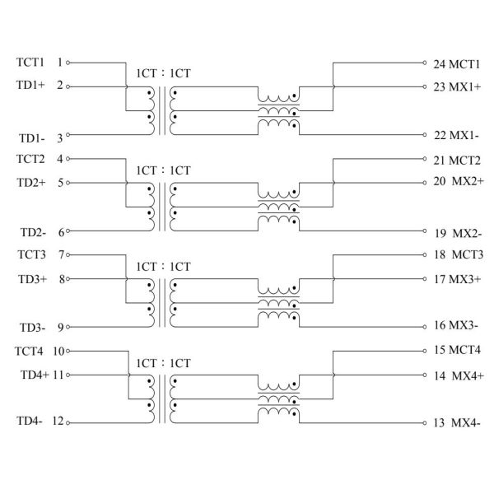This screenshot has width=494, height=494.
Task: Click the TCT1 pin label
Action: [31, 62]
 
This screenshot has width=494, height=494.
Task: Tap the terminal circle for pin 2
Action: [68, 86]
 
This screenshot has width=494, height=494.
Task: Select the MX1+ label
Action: [464, 86]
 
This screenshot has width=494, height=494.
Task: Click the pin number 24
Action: [439, 63]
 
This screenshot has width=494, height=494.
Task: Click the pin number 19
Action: [439, 233]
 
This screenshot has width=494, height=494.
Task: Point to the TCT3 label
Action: [31, 254]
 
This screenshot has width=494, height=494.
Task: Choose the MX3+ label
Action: [464, 279]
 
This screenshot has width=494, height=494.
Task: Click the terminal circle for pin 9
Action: [68, 327]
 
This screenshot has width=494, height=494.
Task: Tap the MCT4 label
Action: [464, 351]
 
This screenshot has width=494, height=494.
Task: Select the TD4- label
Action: [30, 422]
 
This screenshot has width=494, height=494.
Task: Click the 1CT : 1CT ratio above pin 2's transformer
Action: [163, 73]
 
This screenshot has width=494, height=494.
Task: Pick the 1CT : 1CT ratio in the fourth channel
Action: [163, 363]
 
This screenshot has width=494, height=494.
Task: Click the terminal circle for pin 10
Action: [68, 352]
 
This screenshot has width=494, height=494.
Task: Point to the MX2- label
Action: [466, 233]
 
